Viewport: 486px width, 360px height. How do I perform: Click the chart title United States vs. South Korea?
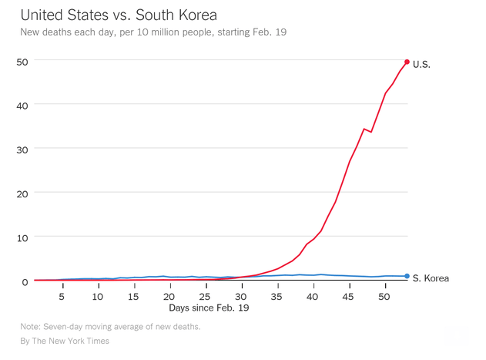(119, 15)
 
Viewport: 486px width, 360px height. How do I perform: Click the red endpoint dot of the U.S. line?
(407, 62)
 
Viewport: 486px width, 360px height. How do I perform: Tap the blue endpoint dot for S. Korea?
(407, 276)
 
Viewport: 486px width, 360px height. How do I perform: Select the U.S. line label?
(421, 64)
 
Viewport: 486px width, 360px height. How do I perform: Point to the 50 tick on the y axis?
(22, 61)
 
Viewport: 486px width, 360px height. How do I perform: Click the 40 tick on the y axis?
(22, 105)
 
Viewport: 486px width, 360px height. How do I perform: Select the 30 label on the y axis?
(22, 149)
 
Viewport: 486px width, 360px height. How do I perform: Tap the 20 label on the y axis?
(22, 193)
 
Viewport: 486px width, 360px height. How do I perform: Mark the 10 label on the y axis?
(22, 237)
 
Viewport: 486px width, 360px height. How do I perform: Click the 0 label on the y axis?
(25, 281)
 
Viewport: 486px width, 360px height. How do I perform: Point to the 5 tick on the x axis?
(62, 296)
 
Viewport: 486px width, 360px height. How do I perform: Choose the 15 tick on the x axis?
(134, 296)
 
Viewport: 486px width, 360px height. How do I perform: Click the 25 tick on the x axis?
(206, 296)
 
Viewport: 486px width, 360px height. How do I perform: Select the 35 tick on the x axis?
(277, 296)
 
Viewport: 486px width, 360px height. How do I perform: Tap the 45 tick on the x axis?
(349, 296)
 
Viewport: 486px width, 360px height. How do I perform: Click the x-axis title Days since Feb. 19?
(209, 308)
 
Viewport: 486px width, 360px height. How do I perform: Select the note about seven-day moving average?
(110, 327)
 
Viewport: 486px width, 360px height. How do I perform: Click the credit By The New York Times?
(65, 341)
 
